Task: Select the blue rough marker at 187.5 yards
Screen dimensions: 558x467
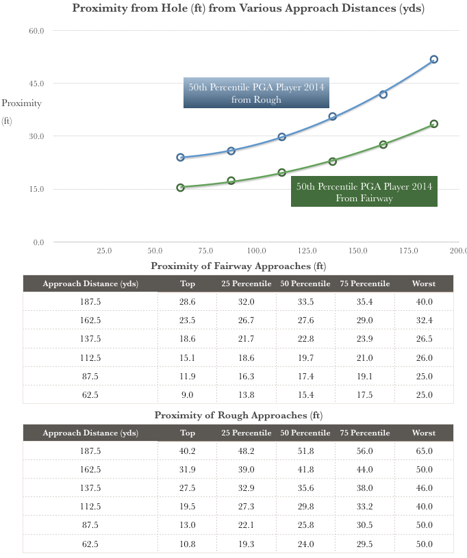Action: (x=434, y=60)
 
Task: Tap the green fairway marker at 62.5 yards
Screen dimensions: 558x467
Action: (x=181, y=187)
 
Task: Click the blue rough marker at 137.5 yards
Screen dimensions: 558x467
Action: (x=333, y=116)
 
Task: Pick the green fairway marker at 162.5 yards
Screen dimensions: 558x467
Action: (x=383, y=144)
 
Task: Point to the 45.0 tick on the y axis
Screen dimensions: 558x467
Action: (x=36, y=84)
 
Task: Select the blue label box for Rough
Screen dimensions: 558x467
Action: (x=256, y=93)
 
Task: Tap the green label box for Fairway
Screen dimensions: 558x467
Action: (x=364, y=192)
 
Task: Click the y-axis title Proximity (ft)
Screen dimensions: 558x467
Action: (x=21, y=112)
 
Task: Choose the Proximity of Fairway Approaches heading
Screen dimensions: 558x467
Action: (x=238, y=266)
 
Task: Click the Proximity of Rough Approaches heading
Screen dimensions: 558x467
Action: (x=238, y=416)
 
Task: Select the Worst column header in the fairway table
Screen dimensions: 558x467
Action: (x=424, y=283)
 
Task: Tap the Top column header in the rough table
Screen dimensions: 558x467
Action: (x=188, y=433)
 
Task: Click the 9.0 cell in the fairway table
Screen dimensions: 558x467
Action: (x=188, y=394)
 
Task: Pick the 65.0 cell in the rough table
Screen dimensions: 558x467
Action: (x=424, y=451)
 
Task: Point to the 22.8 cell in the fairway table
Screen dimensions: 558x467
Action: (x=305, y=339)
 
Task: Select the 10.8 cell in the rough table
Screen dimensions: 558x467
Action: (x=188, y=544)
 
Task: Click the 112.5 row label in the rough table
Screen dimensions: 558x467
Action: (x=90, y=507)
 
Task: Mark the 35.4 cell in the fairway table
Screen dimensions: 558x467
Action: (x=364, y=302)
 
